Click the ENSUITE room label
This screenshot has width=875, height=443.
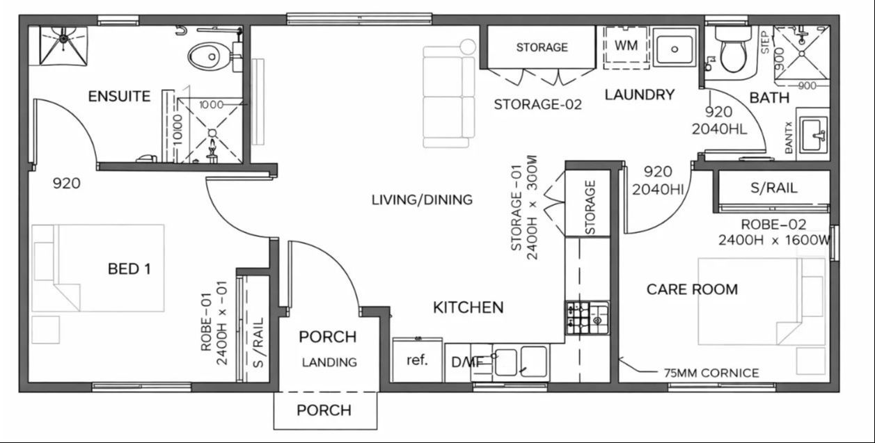119,96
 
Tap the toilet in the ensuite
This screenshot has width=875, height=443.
208,55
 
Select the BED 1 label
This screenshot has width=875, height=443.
129,268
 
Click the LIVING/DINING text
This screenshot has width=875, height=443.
422,200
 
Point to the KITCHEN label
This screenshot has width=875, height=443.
468,307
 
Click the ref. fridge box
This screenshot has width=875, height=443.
417,360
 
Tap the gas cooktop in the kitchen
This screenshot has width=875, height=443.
587,319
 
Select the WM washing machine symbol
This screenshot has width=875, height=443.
625,46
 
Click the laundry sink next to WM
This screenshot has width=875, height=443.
674,47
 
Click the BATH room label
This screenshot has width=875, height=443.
769,98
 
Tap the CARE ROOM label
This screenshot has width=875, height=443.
692,289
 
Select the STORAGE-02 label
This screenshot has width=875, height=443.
537,104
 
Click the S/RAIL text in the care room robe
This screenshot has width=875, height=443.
773,188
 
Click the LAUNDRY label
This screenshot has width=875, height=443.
639,95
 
